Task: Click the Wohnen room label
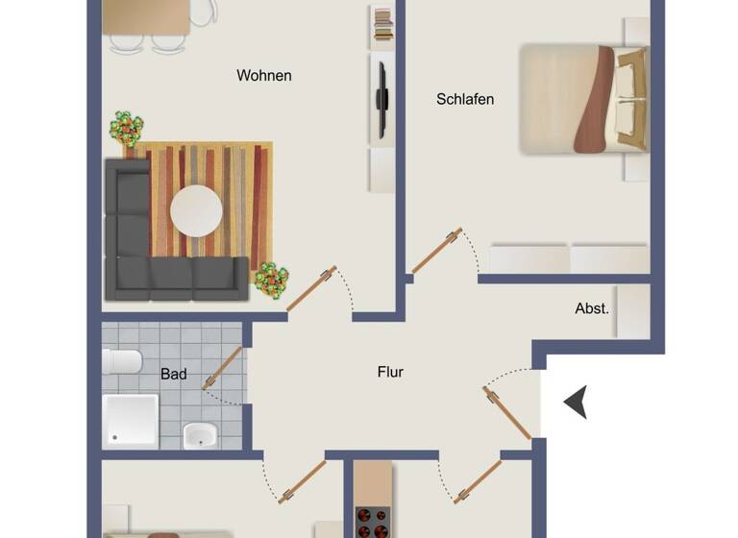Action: point(264,76)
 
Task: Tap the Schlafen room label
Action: point(465,99)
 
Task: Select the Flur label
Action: point(390,372)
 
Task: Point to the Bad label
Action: point(174,374)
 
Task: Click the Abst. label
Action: point(592,308)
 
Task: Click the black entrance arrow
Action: point(576,403)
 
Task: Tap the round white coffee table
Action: point(196,210)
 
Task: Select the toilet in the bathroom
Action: point(122,362)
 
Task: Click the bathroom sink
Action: point(201,435)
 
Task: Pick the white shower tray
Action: point(131,421)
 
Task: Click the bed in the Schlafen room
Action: point(582,99)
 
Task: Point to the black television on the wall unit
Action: point(381,99)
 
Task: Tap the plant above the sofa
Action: point(126,128)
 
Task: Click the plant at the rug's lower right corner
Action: point(271,280)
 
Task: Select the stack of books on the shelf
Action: point(382,24)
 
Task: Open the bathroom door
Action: point(223,368)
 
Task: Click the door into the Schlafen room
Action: point(436,251)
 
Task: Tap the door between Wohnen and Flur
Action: point(312,288)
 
